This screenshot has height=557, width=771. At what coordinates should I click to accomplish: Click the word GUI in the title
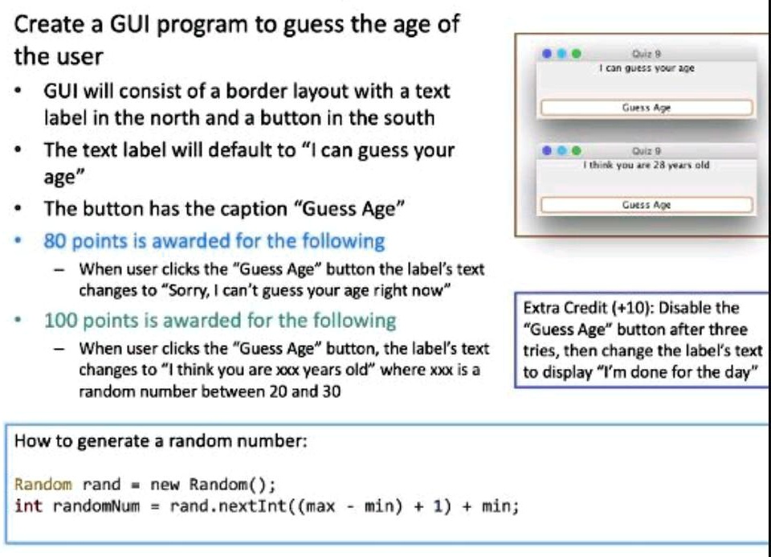(x=129, y=24)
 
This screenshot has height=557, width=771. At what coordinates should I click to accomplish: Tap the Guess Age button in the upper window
(x=647, y=108)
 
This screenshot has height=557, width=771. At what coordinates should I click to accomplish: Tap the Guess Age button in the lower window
(x=647, y=205)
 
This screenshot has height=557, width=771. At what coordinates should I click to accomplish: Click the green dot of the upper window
(x=577, y=54)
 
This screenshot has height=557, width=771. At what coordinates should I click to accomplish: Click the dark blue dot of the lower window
(x=546, y=150)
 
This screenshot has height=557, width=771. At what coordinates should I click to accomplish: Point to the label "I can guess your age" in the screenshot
(x=647, y=68)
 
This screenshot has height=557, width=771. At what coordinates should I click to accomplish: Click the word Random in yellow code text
(x=43, y=484)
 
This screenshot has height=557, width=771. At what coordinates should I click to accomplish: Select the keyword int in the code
(x=29, y=506)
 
